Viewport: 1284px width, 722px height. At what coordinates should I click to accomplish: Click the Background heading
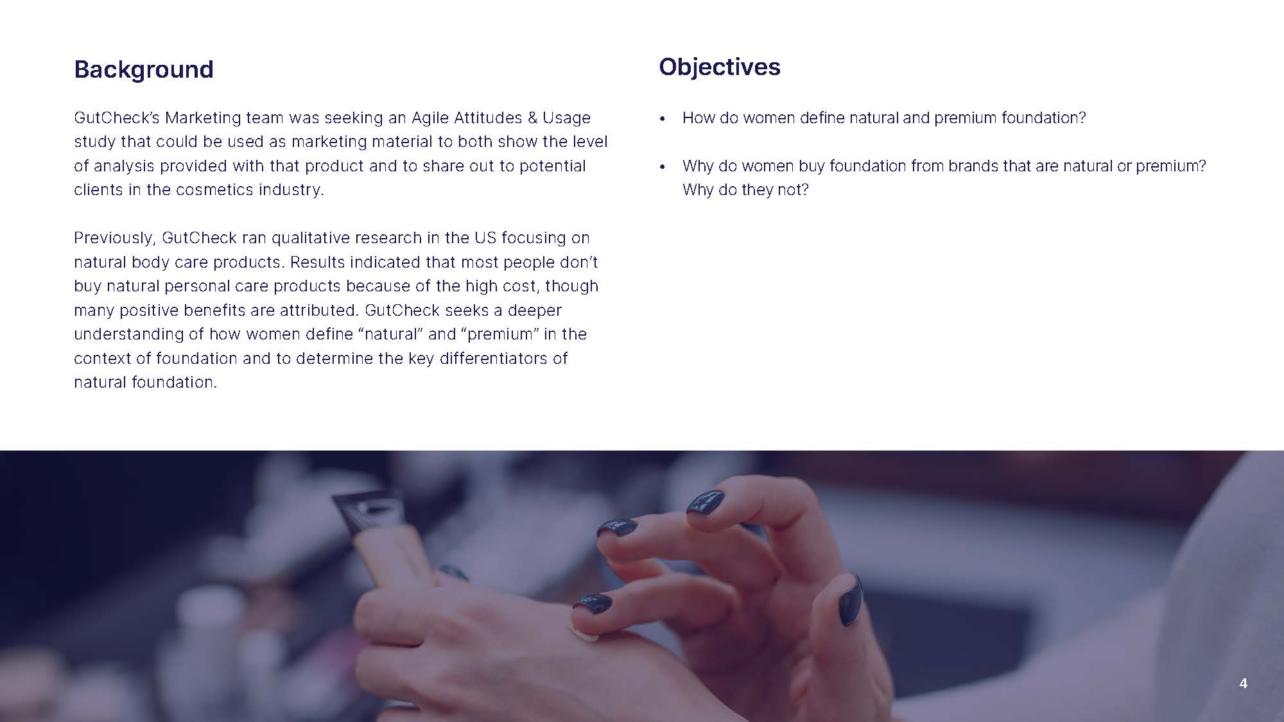coord(144,69)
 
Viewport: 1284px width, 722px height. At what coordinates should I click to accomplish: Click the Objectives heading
coord(720,67)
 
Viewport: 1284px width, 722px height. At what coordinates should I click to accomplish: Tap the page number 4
coord(1243,683)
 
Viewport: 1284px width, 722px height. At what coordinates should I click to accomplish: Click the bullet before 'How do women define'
coord(663,119)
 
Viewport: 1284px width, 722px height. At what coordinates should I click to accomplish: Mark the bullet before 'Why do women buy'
coord(663,168)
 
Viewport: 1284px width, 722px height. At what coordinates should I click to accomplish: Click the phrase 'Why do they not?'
coord(745,190)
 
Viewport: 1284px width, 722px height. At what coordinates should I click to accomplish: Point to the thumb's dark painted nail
coord(850,600)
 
